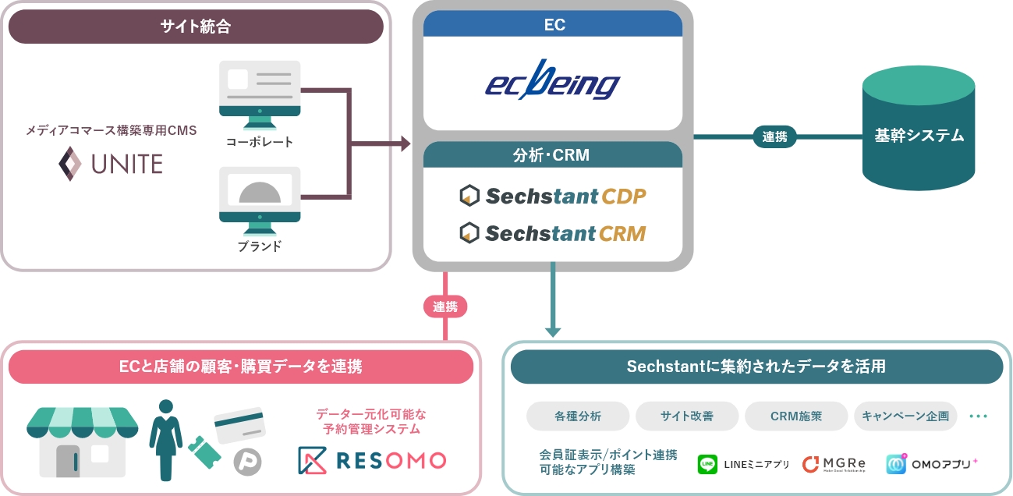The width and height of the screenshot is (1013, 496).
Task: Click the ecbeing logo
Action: pyautogui.click(x=552, y=83)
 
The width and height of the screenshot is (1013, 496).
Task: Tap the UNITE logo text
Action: pyautogui.click(x=111, y=164)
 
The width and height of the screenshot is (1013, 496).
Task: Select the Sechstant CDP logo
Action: pyautogui.click(x=553, y=197)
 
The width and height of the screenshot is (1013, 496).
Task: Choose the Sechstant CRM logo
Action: pyautogui.click(x=553, y=232)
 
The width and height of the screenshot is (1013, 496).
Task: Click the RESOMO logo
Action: pyautogui.click(x=372, y=460)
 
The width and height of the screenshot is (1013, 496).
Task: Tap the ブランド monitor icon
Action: pyautogui.click(x=260, y=200)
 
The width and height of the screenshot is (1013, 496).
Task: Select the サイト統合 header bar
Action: pyautogui.click(x=196, y=27)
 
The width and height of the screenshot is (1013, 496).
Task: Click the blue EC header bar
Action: pyautogui.click(x=553, y=24)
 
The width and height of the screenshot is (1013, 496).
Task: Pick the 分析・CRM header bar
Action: pyautogui.click(x=553, y=155)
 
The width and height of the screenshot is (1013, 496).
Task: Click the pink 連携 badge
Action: pyautogui.click(x=445, y=306)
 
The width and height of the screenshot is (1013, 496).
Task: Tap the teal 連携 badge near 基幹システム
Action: pyautogui.click(x=774, y=136)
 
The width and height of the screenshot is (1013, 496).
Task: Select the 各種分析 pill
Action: pyautogui.click(x=578, y=416)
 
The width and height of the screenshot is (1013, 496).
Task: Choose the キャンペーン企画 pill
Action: pyautogui.click(x=905, y=416)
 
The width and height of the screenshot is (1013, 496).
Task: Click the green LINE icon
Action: pyautogui.click(x=707, y=464)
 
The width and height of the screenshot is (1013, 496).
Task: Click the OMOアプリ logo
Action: pyautogui.click(x=932, y=464)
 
